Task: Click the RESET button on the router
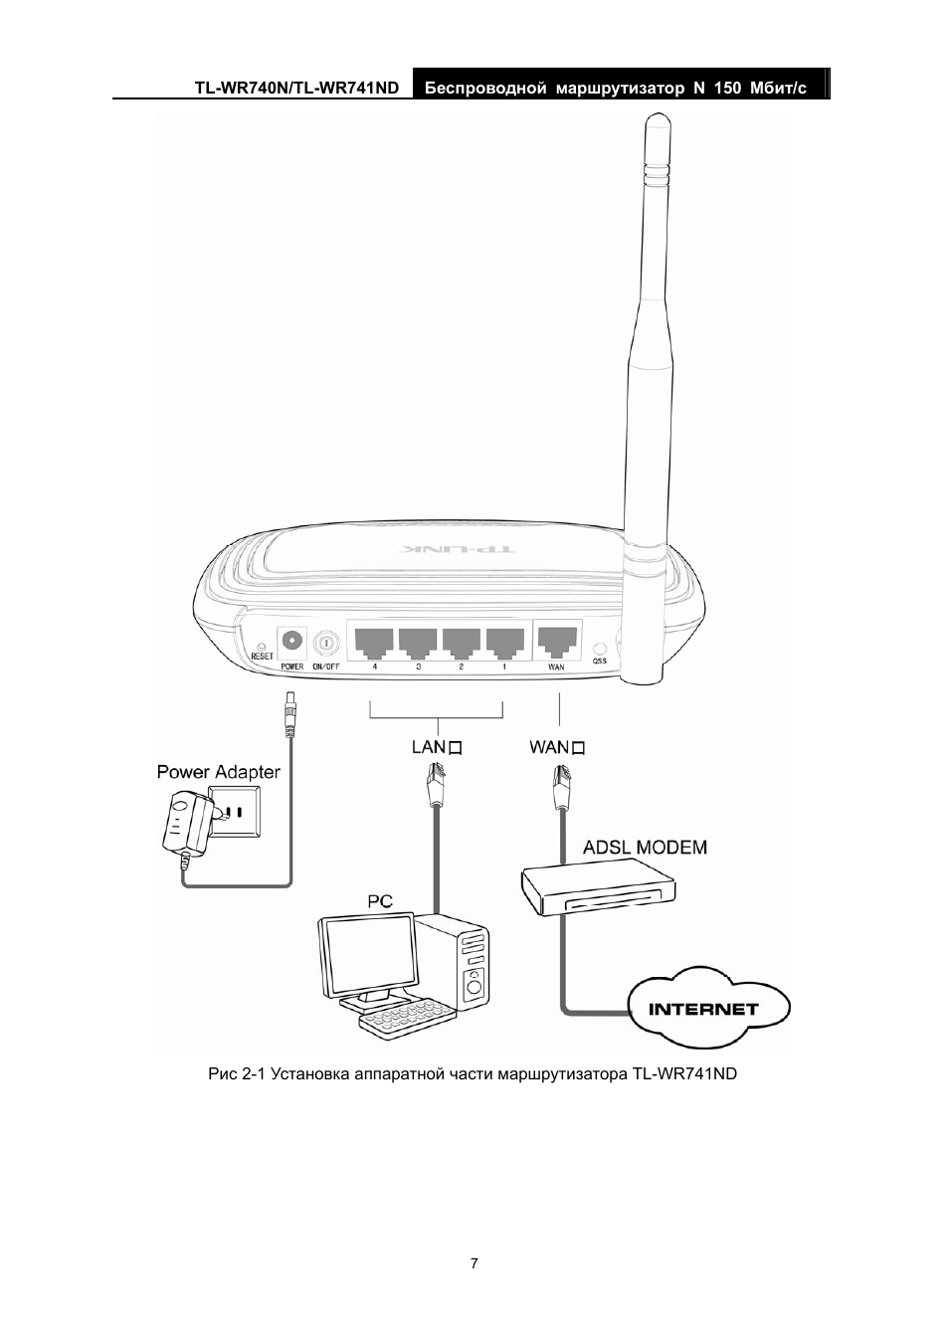262,643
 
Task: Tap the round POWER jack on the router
292,641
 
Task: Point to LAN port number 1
505,643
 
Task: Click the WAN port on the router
557,642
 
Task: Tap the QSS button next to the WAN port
599,648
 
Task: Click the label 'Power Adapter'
219,772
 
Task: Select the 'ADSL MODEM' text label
645,848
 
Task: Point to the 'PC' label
380,901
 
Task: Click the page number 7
475,1263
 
